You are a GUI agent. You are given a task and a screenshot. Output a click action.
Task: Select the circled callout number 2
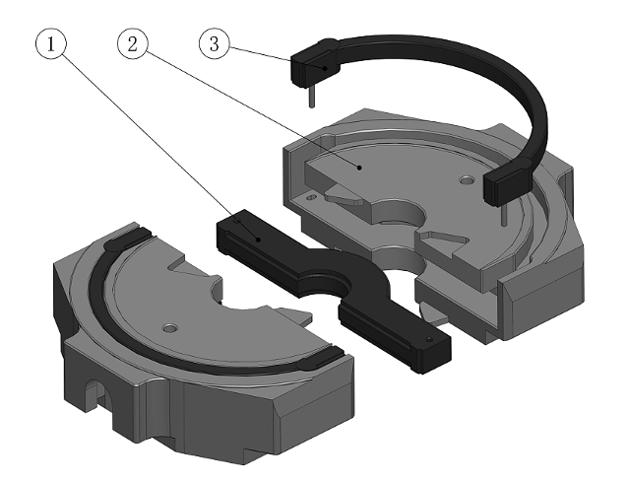(x=135, y=42)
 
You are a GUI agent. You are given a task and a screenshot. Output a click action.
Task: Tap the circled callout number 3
(x=215, y=42)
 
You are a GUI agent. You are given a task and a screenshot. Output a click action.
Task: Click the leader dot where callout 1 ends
(x=258, y=237)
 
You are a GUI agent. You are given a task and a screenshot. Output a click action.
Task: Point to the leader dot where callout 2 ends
(x=361, y=168)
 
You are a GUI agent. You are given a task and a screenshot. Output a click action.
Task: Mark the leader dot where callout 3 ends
(x=326, y=68)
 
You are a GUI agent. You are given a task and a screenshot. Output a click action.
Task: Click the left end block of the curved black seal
(x=313, y=66)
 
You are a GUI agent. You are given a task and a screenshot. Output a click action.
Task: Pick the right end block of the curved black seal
(x=507, y=184)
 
